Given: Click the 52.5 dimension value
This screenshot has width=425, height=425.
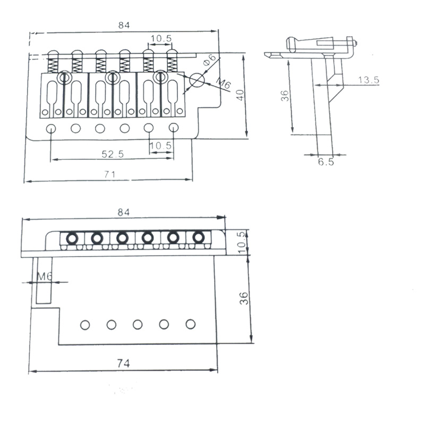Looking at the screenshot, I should [113, 154].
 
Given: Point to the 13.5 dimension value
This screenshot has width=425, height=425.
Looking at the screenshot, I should [368, 80].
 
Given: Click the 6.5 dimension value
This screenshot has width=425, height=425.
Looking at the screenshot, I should [326, 162].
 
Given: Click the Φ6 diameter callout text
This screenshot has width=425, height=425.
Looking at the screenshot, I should [209, 60].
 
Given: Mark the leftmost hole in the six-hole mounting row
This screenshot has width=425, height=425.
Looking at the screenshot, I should [51, 127].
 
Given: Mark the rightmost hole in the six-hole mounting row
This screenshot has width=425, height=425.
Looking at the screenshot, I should [173, 127].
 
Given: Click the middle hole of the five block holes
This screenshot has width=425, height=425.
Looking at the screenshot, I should [138, 324].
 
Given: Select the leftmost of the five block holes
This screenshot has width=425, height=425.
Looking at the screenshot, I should [84, 324].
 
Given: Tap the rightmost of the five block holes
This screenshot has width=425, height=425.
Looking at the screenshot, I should [190, 324].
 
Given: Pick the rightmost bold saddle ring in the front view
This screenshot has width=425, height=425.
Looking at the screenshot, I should [198, 237].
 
